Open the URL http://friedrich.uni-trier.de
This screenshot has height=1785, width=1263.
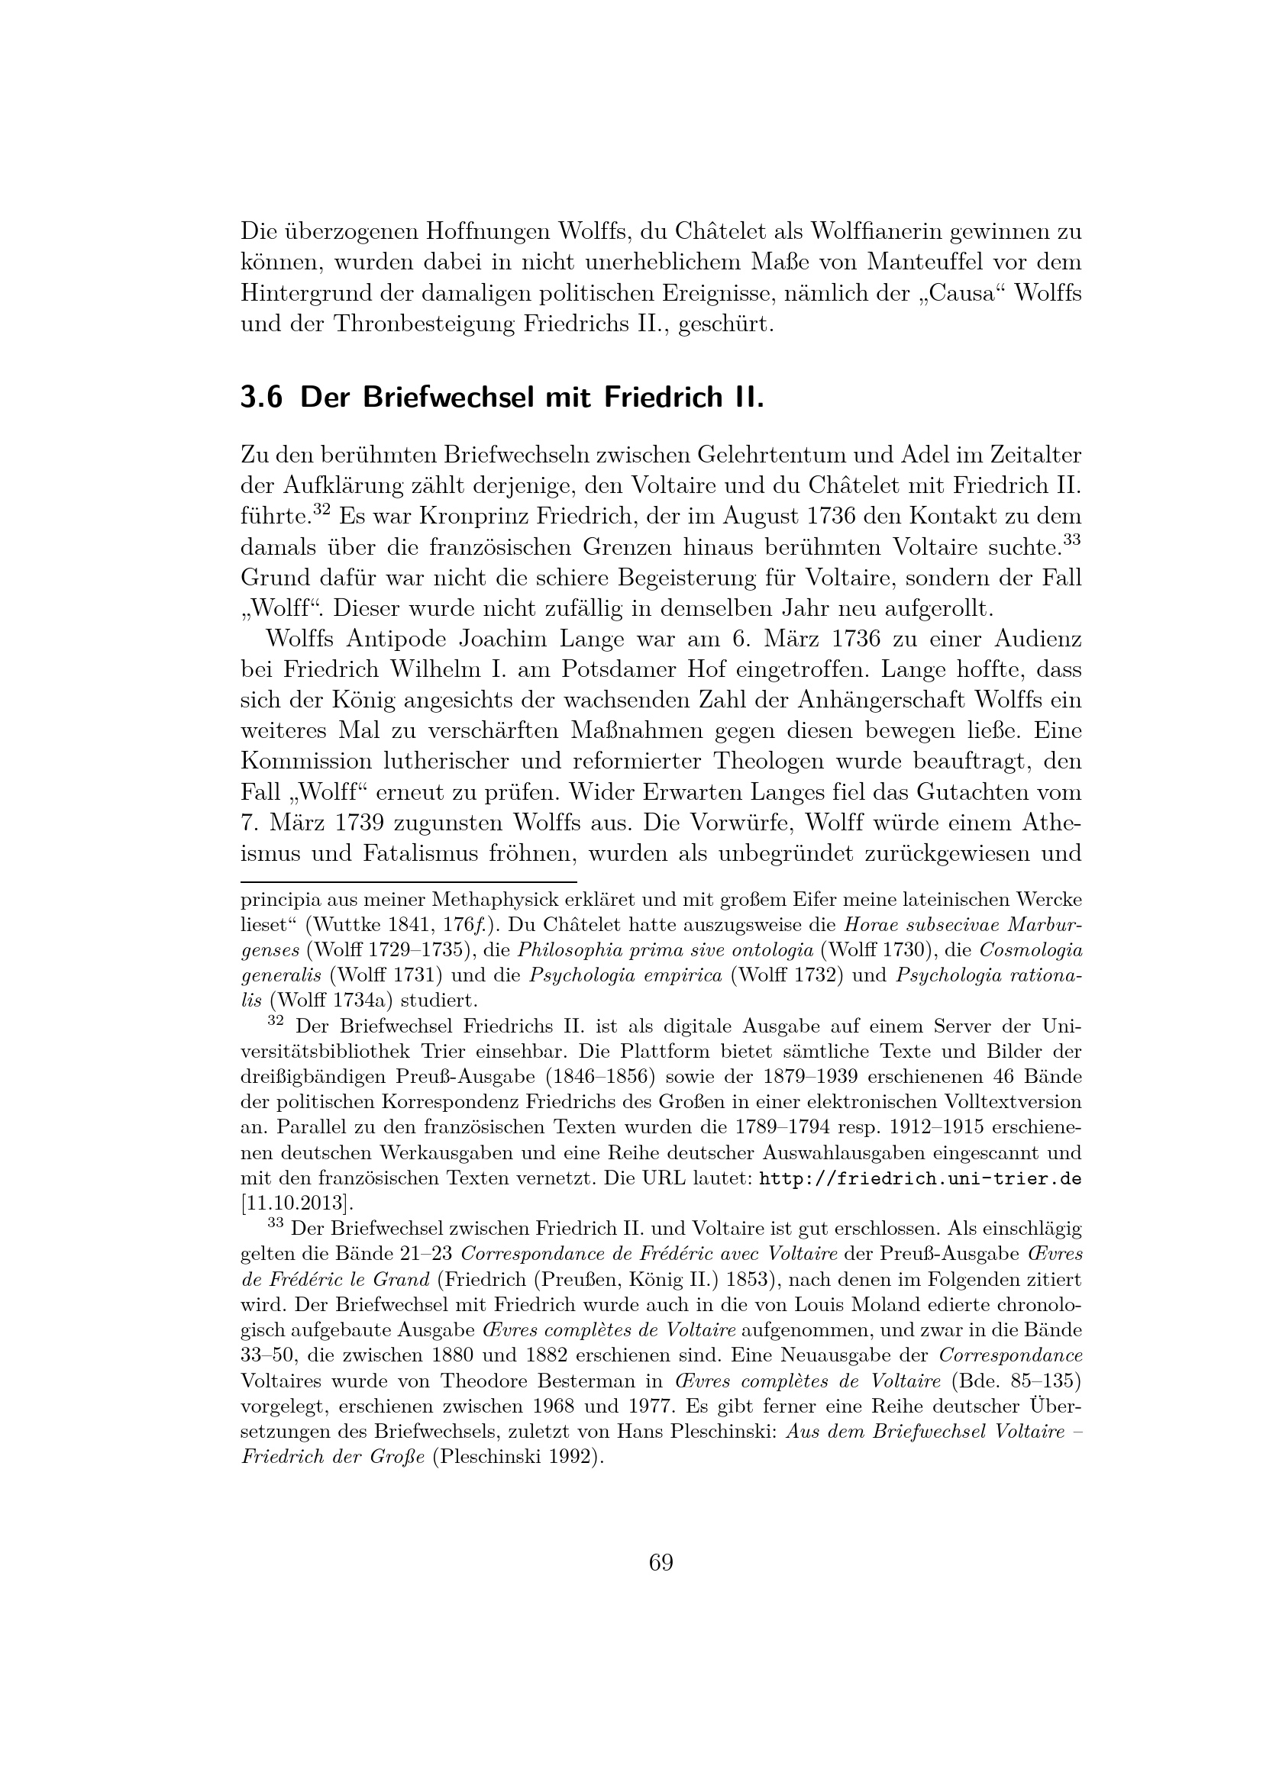click(919, 1178)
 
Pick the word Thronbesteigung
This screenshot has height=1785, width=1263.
click(423, 324)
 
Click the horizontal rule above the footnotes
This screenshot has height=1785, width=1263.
click(409, 882)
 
